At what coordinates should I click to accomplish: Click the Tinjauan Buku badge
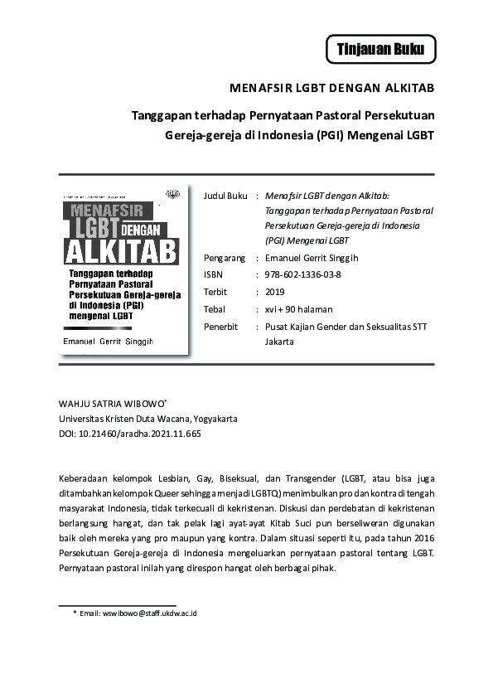pos(380,50)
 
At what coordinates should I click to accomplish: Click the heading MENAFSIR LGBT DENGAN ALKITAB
pos(332,88)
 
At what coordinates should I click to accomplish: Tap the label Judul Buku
pos(225,196)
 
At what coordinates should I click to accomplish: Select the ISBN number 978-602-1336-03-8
pos(303,274)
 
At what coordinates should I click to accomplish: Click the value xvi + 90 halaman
pos(298,309)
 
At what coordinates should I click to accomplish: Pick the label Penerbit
pos(221,327)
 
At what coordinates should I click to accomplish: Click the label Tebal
pos(215,309)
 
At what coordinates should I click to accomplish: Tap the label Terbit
pos(215,292)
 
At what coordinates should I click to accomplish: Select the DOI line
pos(130,433)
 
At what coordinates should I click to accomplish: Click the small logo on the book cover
pos(172,196)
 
